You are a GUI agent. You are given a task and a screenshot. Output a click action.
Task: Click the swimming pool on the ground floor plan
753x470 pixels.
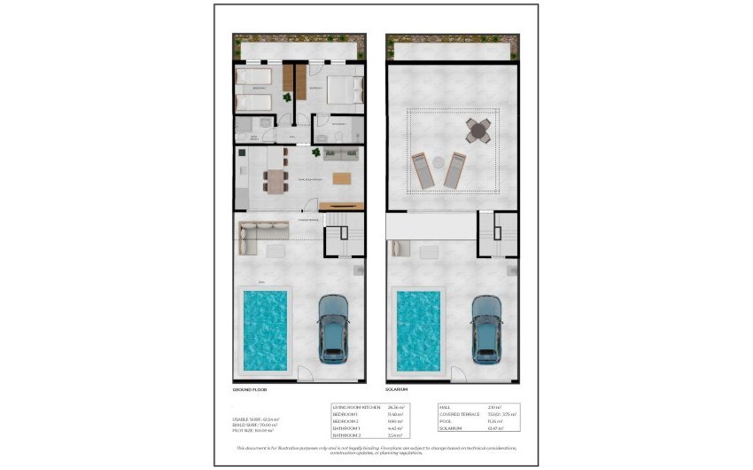(265, 329)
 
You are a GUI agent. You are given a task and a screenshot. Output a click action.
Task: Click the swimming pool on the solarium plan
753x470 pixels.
(419, 329)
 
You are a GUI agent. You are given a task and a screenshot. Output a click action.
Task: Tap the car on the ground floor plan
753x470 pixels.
(333, 327)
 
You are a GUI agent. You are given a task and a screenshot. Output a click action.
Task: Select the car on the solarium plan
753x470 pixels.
(486, 328)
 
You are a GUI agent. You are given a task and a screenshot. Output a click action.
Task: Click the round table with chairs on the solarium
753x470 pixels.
(478, 132)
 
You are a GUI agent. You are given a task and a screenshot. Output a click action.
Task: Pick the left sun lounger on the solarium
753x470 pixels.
(423, 169)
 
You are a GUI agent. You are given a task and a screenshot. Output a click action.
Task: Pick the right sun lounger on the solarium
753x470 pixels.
(454, 169)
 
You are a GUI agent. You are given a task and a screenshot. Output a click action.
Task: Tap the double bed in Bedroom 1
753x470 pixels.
(343, 90)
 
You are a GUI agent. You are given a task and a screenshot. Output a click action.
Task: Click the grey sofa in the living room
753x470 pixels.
(340, 154)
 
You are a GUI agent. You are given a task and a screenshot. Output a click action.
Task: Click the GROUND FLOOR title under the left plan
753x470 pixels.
(249, 390)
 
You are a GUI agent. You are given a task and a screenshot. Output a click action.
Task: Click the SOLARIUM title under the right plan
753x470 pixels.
(396, 390)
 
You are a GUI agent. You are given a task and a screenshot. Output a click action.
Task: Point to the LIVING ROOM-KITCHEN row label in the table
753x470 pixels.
(353, 407)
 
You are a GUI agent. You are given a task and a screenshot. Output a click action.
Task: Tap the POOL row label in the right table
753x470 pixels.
(446, 421)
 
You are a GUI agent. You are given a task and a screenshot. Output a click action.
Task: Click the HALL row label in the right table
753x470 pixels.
(446, 407)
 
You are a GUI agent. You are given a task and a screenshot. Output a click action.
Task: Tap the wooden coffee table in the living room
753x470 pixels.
(341, 176)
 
